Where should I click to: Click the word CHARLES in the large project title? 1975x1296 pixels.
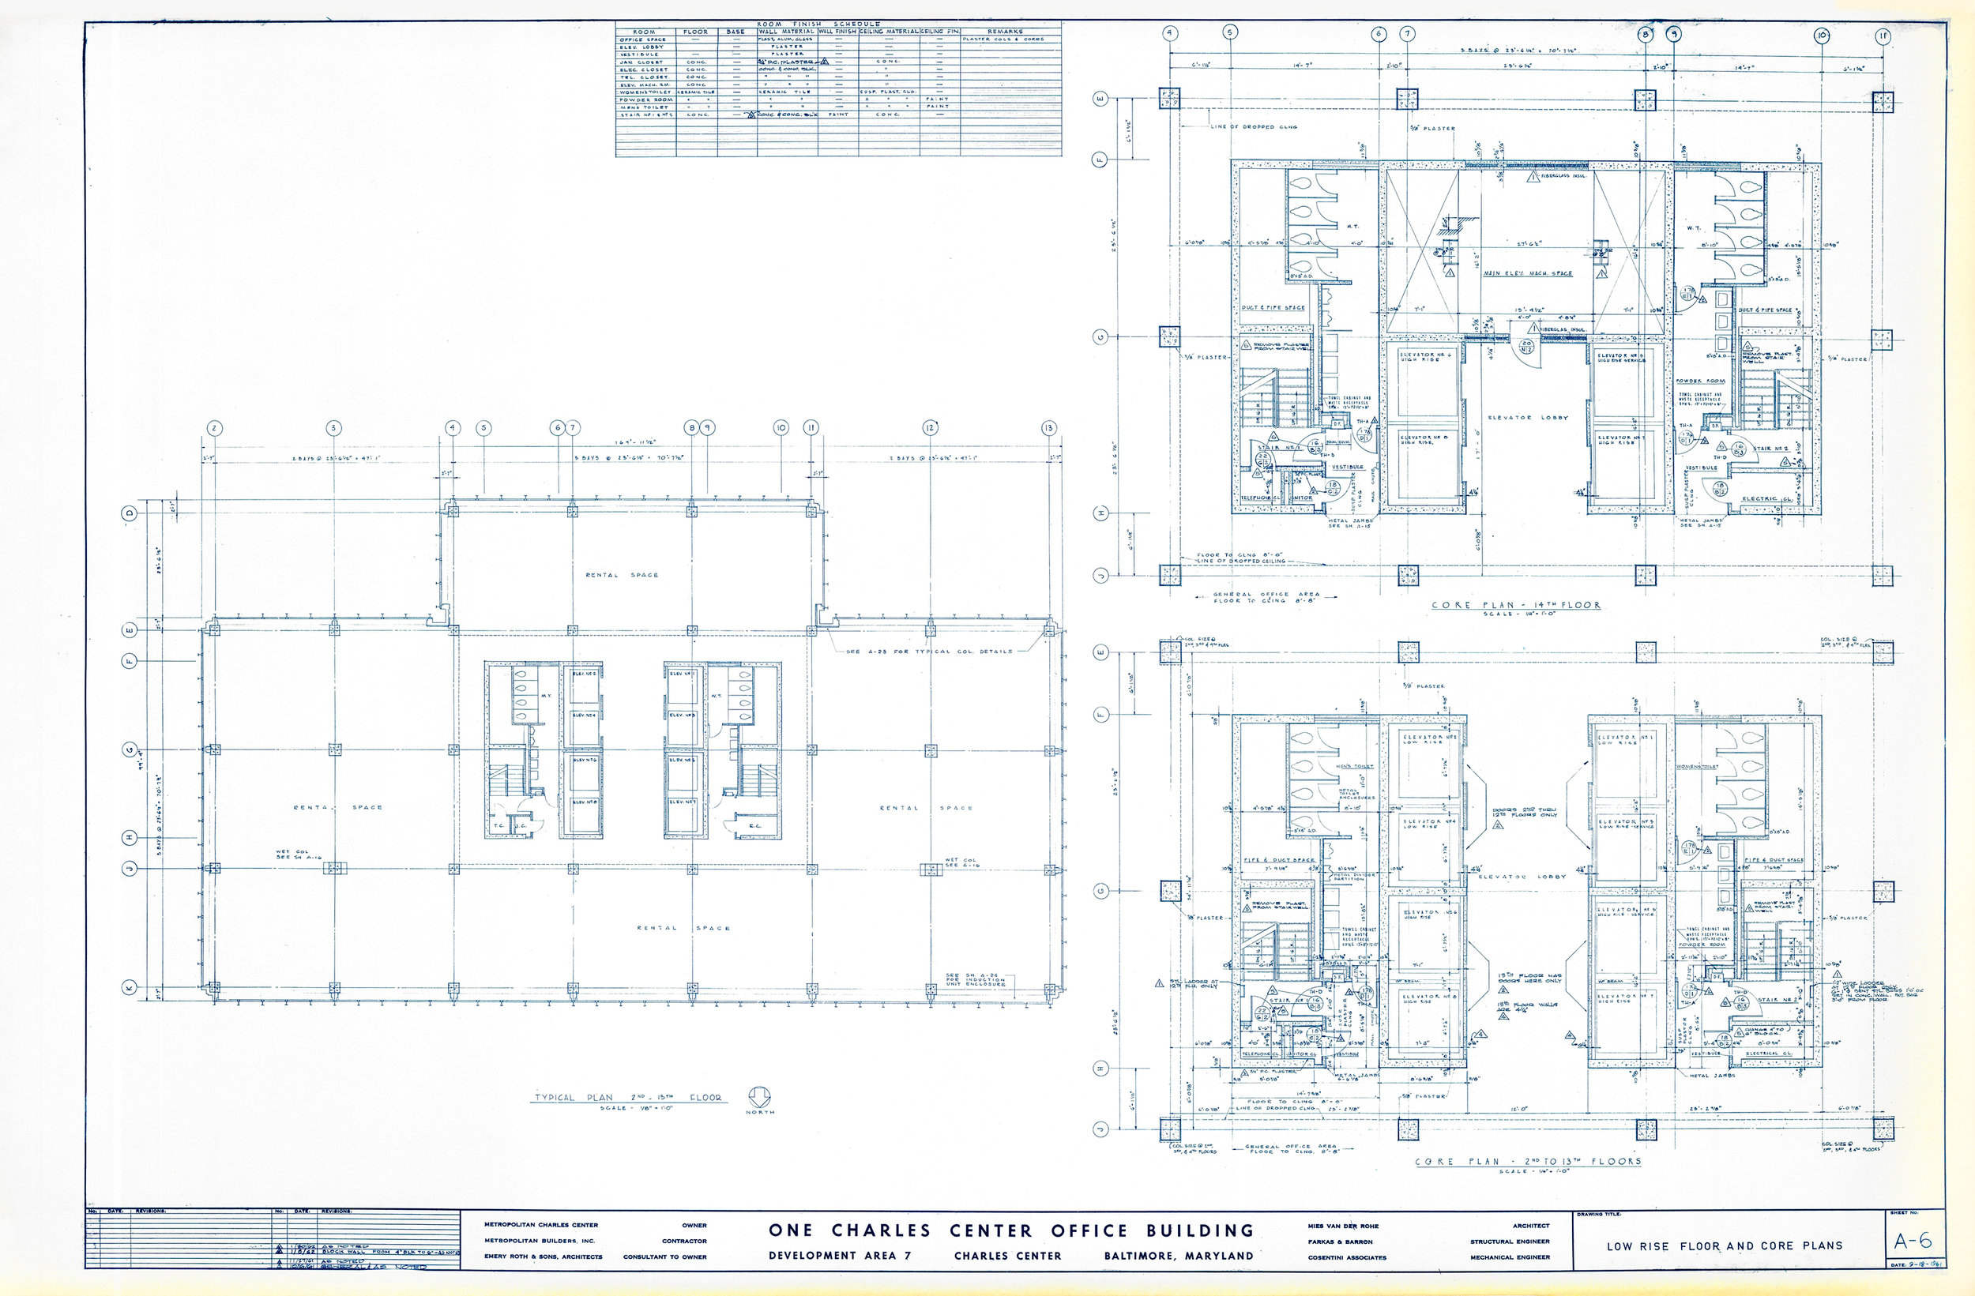tap(882, 1230)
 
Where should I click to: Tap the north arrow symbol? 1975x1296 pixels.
tap(760, 1097)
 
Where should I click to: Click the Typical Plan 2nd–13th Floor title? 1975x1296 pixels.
tap(627, 1098)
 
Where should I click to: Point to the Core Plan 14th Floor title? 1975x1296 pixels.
tap(1516, 605)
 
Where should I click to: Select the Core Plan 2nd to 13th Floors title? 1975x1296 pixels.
tap(1528, 1161)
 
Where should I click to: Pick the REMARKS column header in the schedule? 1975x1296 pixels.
tap(1004, 32)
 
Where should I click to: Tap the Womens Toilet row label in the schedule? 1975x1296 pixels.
tap(644, 92)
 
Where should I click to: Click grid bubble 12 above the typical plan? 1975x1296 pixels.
tap(929, 428)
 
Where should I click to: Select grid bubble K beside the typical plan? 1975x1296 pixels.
tap(130, 988)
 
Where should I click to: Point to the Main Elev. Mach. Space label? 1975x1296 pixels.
tap(1528, 273)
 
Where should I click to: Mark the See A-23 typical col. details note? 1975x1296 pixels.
tap(928, 652)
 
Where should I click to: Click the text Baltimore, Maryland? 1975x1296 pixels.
tap(1179, 1256)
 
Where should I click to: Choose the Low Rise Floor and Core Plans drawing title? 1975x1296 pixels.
tap(1725, 1245)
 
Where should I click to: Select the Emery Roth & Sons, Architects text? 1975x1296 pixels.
tap(544, 1257)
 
